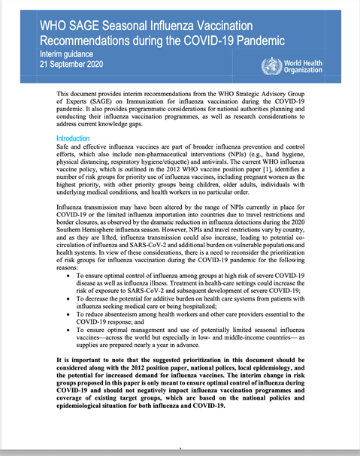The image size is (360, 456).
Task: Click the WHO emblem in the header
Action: (267, 65)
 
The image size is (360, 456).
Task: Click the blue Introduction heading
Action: (78, 139)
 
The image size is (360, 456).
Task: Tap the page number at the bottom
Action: (180, 450)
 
